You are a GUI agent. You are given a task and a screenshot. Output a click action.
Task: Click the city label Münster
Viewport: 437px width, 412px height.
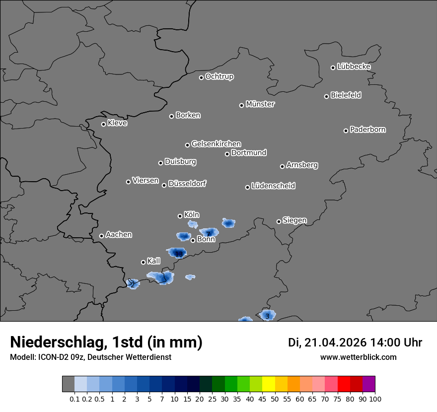click(x=260, y=104)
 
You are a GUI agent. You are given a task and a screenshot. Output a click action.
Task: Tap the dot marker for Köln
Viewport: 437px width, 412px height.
click(x=180, y=216)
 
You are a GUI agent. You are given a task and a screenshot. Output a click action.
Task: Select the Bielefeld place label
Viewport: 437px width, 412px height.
click(x=346, y=95)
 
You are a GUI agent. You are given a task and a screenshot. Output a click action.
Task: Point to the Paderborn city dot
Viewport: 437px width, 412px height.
click(x=346, y=131)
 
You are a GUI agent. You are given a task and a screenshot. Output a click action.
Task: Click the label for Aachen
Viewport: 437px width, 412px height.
click(x=119, y=235)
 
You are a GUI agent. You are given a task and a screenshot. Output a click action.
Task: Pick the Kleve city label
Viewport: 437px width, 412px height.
click(x=117, y=123)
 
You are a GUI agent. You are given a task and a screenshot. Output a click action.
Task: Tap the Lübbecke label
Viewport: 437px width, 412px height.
click(x=354, y=67)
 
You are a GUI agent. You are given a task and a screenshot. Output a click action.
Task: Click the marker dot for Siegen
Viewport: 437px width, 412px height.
click(x=279, y=221)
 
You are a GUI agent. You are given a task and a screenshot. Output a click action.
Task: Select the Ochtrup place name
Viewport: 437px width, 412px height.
click(x=219, y=77)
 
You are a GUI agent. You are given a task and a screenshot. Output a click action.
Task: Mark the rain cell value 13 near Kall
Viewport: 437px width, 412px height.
click(x=179, y=255)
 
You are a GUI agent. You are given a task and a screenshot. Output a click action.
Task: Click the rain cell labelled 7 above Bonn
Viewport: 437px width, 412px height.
click(x=209, y=233)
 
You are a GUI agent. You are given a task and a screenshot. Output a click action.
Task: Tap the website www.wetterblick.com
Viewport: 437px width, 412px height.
click(x=359, y=357)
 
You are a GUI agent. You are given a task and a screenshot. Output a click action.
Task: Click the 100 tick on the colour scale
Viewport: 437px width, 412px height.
click(x=375, y=399)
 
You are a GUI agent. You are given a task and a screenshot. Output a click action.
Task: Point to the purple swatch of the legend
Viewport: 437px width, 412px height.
click(x=369, y=384)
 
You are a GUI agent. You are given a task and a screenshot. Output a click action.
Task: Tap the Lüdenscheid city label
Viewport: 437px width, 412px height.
click(x=273, y=186)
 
